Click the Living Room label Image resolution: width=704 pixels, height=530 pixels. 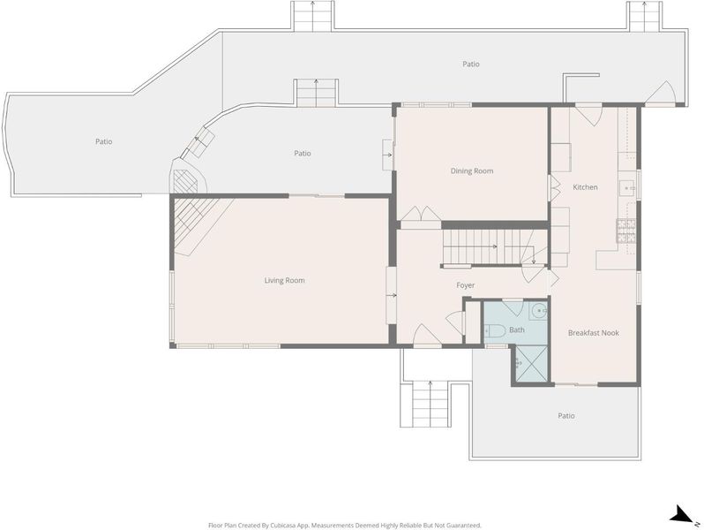click(x=284, y=281)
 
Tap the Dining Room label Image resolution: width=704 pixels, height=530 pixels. click(x=472, y=170)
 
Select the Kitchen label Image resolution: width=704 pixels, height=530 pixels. click(x=585, y=187)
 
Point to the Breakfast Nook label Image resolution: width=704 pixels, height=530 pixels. click(x=594, y=333)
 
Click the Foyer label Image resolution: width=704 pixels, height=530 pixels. click(x=466, y=285)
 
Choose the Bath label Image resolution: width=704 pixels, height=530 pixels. click(x=517, y=330)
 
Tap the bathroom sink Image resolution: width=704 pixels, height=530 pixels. click(x=538, y=310)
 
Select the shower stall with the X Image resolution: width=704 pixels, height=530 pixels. click(x=530, y=363)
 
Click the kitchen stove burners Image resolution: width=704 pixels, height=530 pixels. click(x=626, y=231)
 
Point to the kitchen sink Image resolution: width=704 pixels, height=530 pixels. click(x=626, y=188)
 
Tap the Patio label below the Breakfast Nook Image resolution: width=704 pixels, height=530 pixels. click(x=566, y=416)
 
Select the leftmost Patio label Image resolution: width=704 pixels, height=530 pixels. click(x=104, y=141)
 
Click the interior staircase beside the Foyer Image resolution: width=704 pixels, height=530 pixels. click(x=495, y=247)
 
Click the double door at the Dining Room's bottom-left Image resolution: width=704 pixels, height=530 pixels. click(x=421, y=214)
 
